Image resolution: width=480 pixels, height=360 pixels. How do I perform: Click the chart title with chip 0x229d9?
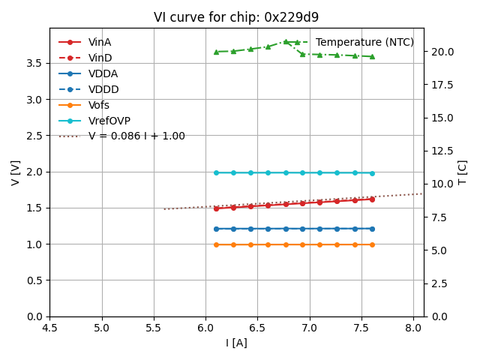236,17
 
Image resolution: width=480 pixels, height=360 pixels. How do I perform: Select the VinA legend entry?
100,43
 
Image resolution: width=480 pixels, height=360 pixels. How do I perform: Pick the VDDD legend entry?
103,89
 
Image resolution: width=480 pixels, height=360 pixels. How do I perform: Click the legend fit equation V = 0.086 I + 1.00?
136,136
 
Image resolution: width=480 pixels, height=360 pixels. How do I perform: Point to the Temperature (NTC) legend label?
364,43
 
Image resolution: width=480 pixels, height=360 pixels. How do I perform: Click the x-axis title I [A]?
236,343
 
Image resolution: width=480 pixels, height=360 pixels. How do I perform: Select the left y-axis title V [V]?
16,172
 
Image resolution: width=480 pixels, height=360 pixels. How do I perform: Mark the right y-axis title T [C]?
463,172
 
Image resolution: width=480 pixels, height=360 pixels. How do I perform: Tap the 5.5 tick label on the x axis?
154,328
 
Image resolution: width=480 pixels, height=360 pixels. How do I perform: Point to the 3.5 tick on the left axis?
34,63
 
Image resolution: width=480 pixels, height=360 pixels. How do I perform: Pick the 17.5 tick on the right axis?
439,85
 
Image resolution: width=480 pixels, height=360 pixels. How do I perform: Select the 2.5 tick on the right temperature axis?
436,283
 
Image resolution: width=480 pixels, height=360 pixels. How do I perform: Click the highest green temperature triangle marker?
286,42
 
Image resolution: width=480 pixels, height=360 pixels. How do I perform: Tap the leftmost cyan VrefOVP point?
216,172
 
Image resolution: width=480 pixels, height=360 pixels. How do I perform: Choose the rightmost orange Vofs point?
372,244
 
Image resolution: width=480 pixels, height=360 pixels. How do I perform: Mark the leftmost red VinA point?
216,208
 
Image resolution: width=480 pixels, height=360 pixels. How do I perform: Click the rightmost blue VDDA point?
372,229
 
